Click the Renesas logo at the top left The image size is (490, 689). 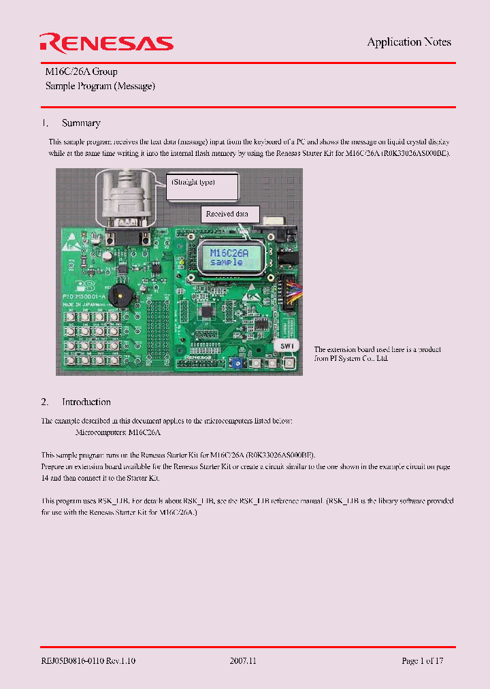[106, 44]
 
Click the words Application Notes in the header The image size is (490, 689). [409, 42]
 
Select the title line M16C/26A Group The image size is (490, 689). [82, 71]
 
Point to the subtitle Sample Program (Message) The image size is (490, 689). [100, 86]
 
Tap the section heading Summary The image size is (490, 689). [81, 123]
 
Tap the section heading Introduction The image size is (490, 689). [86, 402]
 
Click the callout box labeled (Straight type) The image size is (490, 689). [203, 186]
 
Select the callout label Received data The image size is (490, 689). [227, 214]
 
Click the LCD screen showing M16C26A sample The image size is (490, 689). [226, 256]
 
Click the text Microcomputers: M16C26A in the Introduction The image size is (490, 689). [118, 432]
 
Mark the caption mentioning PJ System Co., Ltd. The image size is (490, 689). [377, 353]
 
